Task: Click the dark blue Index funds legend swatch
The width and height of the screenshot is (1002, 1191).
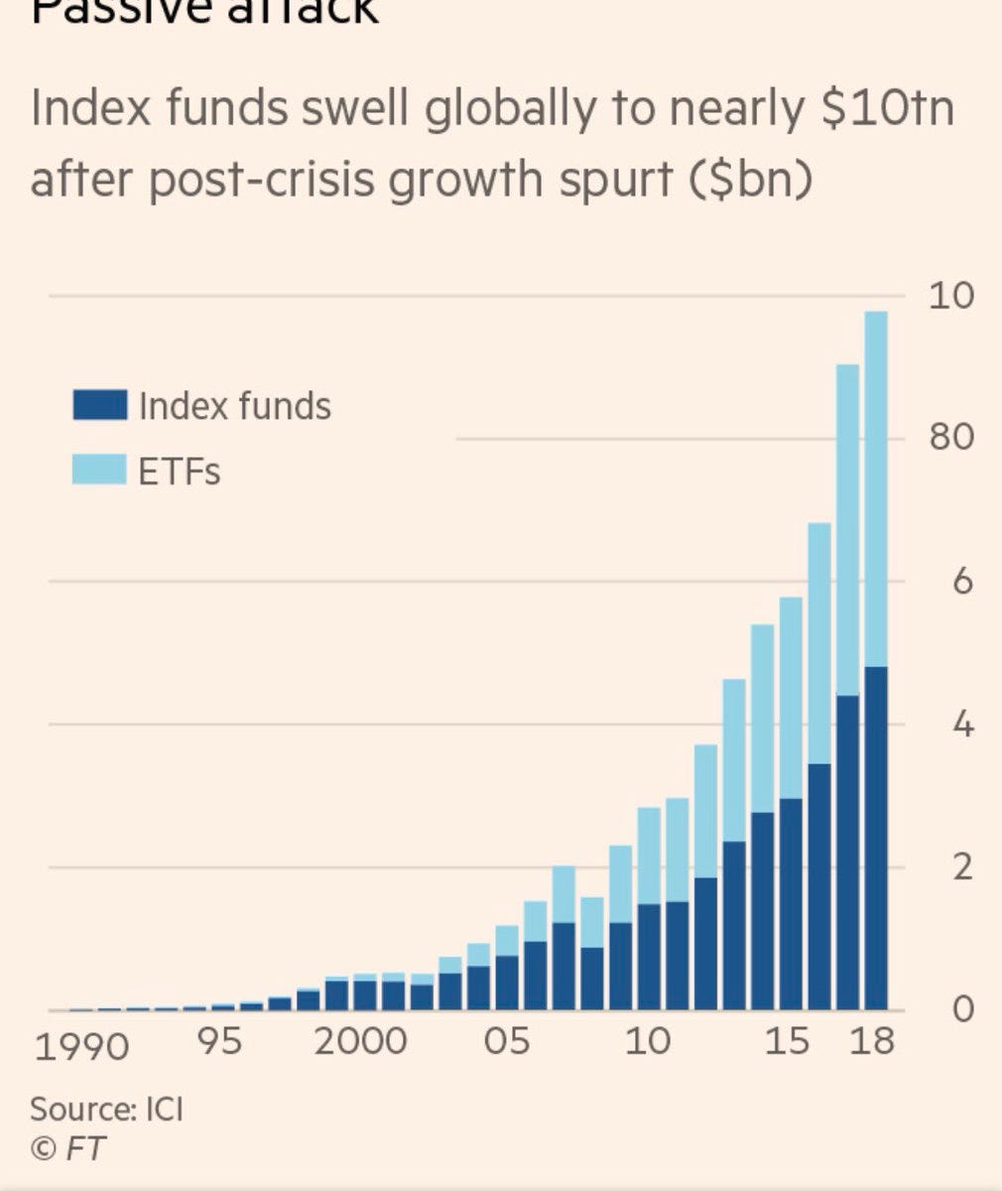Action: click(x=99, y=405)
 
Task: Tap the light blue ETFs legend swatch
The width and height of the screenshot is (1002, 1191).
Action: click(x=99, y=469)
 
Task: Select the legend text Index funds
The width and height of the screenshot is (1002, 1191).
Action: click(x=235, y=406)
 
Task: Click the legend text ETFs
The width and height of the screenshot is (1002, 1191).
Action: click(x=180, y=470)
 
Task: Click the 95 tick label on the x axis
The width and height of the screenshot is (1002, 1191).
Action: click(x=220, y=1042)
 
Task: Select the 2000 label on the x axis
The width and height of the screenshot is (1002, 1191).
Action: click(x=361, y=1042)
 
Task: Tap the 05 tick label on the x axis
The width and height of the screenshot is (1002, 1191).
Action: click(x=506, y=1042)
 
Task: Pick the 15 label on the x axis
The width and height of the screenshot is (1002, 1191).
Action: click(x=790, y=1042)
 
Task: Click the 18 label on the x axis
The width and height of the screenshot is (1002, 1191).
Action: click(x=873, y=1042)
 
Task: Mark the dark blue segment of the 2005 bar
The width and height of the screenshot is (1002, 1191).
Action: click(x=507, y=983)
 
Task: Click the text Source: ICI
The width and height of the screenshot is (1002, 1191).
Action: click(x=106, y=1108)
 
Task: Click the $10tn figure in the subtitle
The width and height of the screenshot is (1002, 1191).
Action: click(x=888, y=107)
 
